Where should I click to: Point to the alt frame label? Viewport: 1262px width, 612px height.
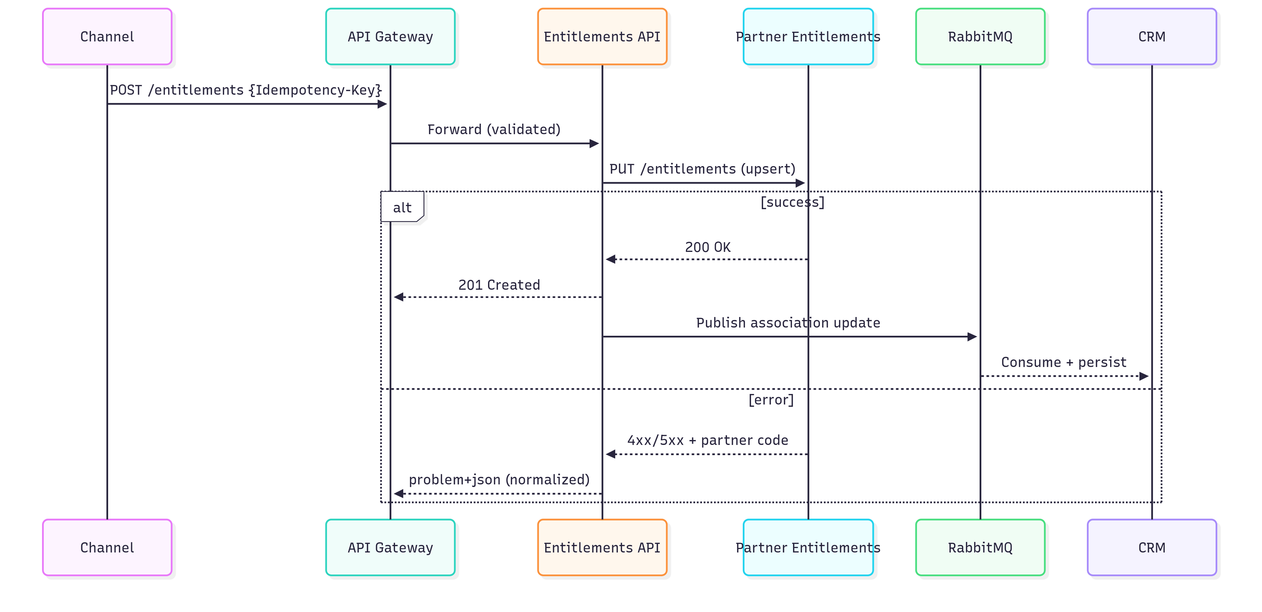[x=402, y=208]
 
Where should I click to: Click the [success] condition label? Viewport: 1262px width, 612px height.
[x=792, y=202]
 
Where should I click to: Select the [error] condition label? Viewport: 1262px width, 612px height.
[x=771, y=400]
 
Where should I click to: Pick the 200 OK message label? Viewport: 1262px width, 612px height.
[x=708, y=247]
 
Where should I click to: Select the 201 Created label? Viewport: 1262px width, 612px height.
[x=499, y=285]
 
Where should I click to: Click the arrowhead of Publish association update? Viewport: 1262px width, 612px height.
[x=972, y=337]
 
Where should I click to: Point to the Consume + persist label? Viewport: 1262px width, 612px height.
[x=1063, y=362]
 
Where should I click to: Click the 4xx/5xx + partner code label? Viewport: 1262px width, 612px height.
[x=708, y=440]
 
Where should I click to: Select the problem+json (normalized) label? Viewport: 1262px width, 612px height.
[x=499, y=479]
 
